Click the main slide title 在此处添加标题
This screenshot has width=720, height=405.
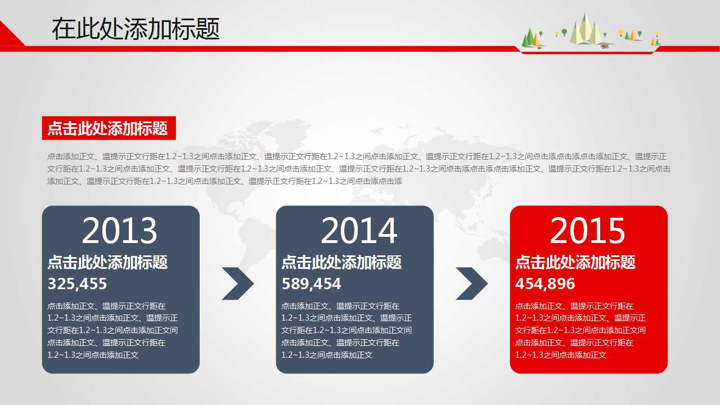coord(136,29)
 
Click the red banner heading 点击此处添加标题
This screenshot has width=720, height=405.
coord(108,128)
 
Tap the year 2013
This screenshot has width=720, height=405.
coord(119,231)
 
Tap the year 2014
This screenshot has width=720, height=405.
coord(359,231)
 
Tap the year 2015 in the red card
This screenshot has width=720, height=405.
coord(587,231)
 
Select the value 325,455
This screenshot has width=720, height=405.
coord(77,283)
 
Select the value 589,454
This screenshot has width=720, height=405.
coord(311,283)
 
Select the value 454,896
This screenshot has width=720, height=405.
coord(545,283)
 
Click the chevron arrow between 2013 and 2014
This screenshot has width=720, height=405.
coord(237,283)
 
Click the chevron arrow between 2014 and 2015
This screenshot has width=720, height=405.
coord(471,283)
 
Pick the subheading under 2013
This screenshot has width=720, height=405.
coord(107,262)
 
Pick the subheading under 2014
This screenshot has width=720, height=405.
coord(341,262)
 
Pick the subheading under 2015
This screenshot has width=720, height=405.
coord(575,262)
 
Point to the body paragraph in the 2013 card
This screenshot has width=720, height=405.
coord(112,330)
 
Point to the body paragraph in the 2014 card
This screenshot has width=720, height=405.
coord(346,330)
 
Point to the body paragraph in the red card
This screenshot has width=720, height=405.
coord(580,330)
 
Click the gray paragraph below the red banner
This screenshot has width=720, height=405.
coord(359,169)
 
